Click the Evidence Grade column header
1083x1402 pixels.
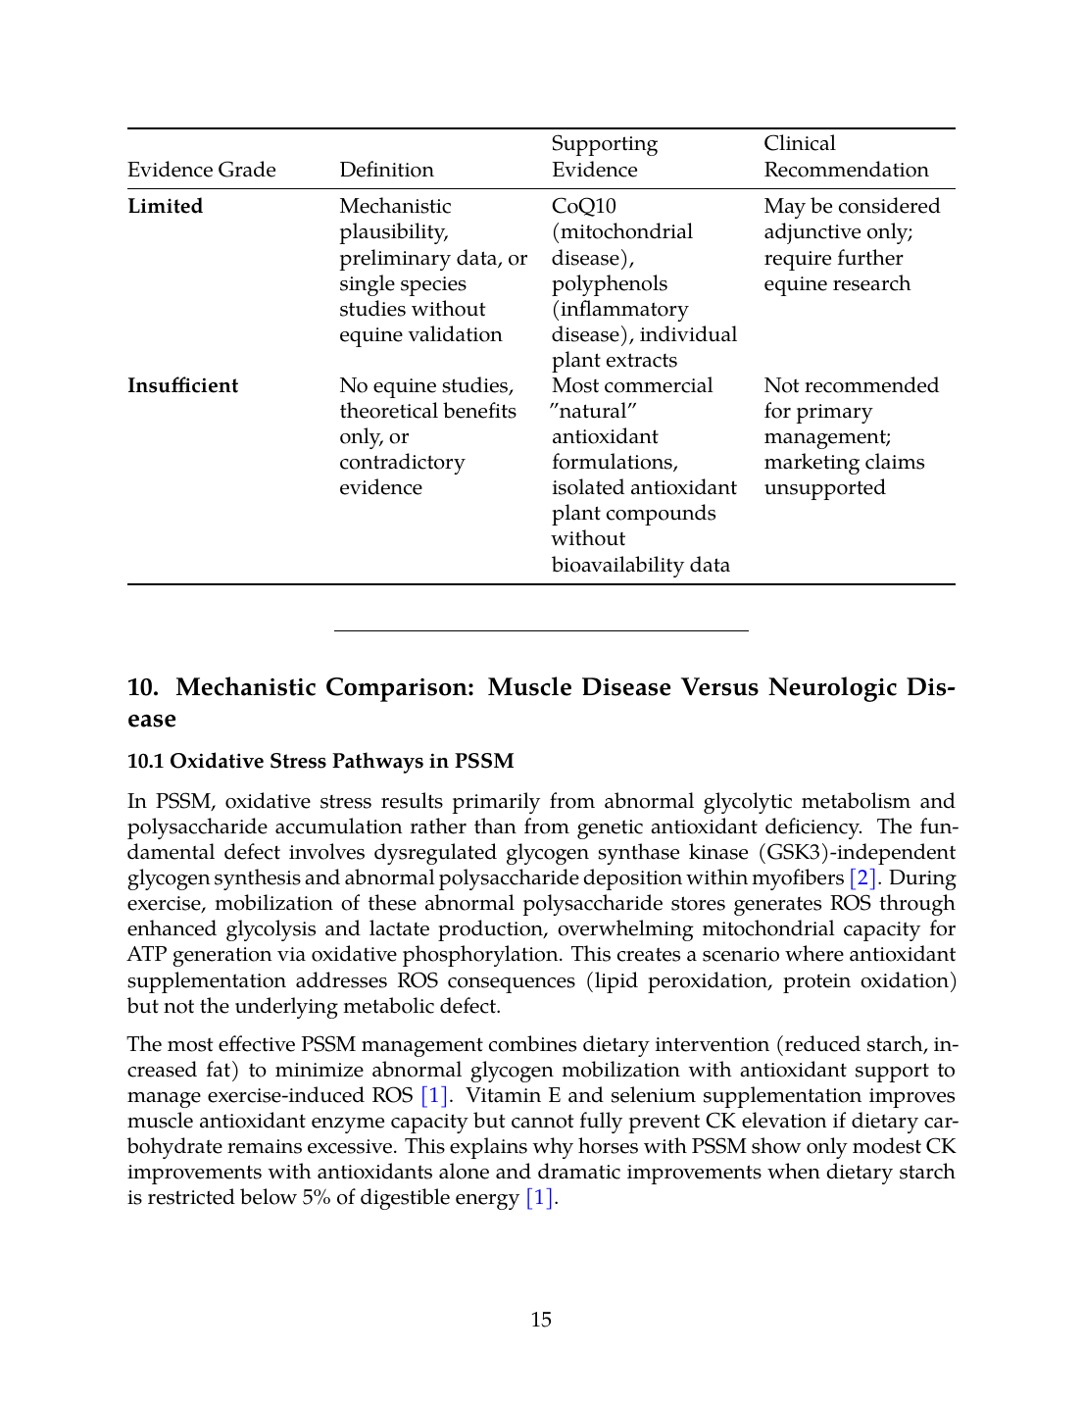coord(202,170)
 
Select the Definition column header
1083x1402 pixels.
coord(386,170)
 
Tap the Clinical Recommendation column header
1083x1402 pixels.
coord(846,157)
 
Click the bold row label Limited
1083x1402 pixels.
coord(165,206)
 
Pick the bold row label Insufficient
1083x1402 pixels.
coord(182,385)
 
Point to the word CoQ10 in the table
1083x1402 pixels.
coord(584,206)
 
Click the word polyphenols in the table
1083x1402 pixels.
coord(609,283)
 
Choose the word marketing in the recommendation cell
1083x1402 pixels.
coord(805,462)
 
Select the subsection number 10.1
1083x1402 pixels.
coord(145,761)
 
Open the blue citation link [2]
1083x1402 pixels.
coord(862,877)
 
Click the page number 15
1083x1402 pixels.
coord(541,1320)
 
